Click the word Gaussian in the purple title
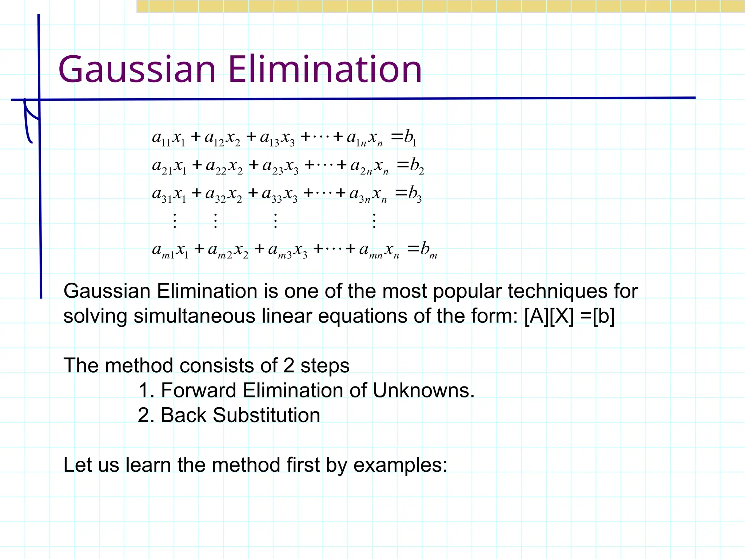[137, 70]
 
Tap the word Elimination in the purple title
[325, 70]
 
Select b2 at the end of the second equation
[416, 166]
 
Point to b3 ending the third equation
[414, 194]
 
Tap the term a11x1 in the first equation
[169, 138]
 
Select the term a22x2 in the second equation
[224, 166]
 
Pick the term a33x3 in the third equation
[280, 194]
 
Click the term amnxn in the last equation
[379, 250]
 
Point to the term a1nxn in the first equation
[364, 138]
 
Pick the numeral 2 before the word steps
[288, 365]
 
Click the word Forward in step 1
[199, 390]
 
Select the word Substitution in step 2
[266, 415]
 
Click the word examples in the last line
[400, 465]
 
